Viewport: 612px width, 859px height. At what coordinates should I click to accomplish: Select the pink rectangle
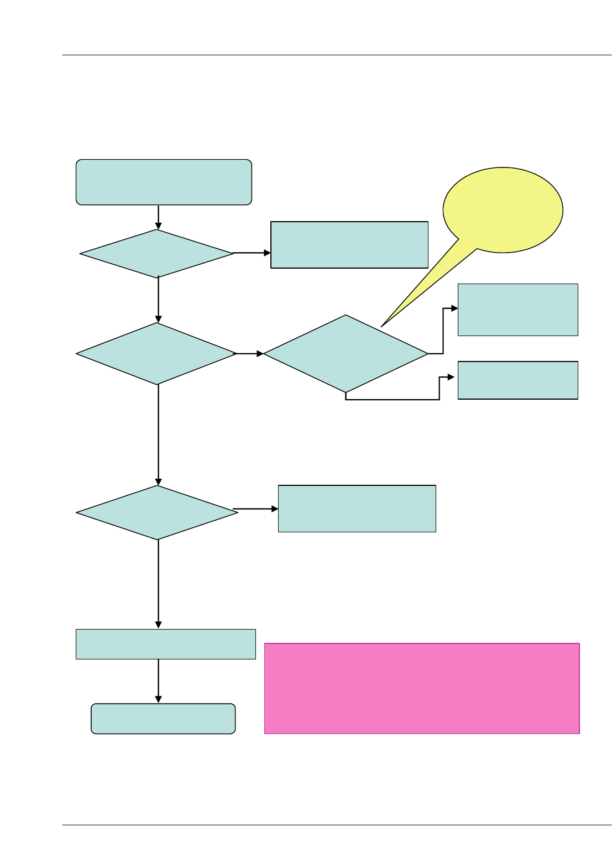pyautogui.click(x=422, y=688)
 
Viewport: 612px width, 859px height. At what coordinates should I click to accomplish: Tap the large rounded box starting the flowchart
pyautogui.click(x=164, y=182)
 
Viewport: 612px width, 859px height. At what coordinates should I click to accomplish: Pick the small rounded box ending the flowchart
pyautogui.click(x=163, y=719)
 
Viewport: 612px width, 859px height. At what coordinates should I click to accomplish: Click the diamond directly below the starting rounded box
pyautogui.click(x=157, y=254)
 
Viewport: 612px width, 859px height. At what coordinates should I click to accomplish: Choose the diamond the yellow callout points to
pyautogui.click(x=346, y=354)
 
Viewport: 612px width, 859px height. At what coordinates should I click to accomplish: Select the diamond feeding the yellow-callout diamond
pyautogui.click(x=157, y=354)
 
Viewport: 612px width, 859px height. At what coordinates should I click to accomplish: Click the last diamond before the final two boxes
pyautogui.click(x=157, y=512)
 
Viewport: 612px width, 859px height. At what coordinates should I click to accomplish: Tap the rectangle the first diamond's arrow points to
pyautogui.click(x=349, y=245)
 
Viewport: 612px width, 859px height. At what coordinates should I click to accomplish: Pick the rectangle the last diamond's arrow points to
pyautogui.click(x=357, y=509)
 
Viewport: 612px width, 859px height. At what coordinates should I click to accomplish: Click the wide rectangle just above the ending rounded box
pyautogui.click(x=165, y=644)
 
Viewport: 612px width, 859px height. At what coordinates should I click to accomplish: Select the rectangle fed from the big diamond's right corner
pyautogui.click(x=517, y=310)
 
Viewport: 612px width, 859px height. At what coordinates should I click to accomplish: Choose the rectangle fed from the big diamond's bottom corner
pyautogui.click(x=517, y=380)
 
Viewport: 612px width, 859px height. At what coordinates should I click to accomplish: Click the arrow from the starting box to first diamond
pyautogui.click(x=159, y=217)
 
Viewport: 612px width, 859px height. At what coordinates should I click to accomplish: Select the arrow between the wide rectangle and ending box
pyautogui.click(x=159, y=681)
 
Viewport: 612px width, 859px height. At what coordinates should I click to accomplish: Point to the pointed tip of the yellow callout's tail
pyautogui.click(x=382, y=326)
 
